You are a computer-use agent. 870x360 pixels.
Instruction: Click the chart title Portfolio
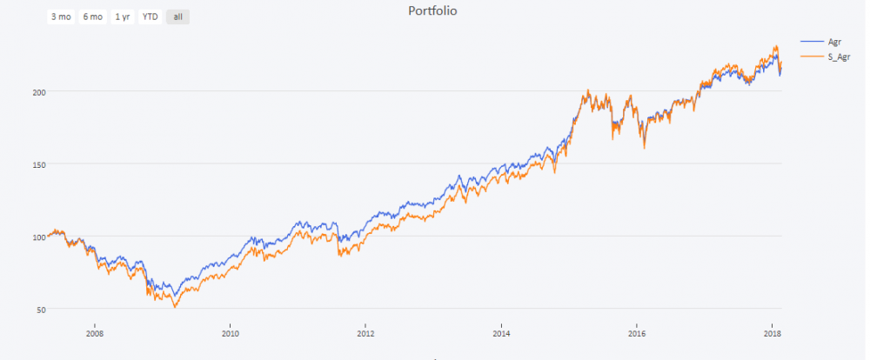(432, 11)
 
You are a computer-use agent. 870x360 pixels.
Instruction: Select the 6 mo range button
(91, 17)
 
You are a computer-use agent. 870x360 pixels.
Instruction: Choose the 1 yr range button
(122, 17)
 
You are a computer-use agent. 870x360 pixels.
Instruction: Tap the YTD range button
(150, 17)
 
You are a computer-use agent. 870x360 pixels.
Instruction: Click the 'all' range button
(177, 17)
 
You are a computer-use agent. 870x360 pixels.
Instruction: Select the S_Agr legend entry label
(839, 56)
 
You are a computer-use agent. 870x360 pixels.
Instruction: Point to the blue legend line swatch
(811, 42)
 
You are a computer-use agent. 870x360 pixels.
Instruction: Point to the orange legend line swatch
(811, 56)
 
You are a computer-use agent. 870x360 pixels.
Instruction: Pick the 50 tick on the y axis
(40, 309)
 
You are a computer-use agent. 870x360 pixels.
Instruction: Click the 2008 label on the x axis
(94, 332)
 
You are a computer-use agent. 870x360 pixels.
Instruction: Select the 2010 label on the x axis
(230, 332)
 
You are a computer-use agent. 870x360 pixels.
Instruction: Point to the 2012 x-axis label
(365, 332)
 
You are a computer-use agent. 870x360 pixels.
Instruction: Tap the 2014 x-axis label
(501, 332)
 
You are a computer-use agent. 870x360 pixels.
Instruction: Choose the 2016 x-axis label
(637, 332)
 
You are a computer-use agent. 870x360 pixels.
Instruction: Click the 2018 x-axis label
(772, 332)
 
